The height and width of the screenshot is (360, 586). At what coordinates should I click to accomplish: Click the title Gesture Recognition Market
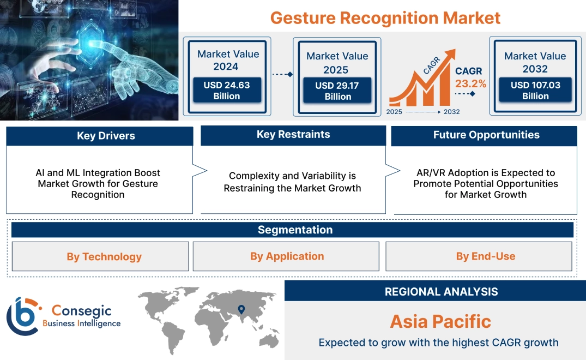pyautogui.click(x=385, y=17)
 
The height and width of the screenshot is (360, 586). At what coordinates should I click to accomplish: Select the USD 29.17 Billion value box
pyautogui.click(x=337, y=91)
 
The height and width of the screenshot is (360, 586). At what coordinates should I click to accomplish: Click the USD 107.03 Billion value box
pyautogui.click(x=535, y=91)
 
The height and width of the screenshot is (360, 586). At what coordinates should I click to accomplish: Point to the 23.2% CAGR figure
pyautogui.click(x=470, y=84)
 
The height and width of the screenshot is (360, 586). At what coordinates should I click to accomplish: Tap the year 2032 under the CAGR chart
pyautogui.click(x=451, y=112)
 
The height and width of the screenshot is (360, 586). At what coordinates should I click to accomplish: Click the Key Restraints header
pyautogui.click(x=293, y=135)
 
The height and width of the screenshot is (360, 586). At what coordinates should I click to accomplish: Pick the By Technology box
pyautogui.click(x=104, y=257)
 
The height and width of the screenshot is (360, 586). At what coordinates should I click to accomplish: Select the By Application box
pyautogui.click(x=287, y=256)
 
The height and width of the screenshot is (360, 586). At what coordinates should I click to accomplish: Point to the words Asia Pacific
pyautogui.click(x=440, y=321)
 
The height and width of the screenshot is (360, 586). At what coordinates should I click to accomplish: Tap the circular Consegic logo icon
pyautogui.click(x=23, y=317)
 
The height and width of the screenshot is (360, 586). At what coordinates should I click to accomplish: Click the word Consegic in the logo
pyautogui.click(x=81, y=311)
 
